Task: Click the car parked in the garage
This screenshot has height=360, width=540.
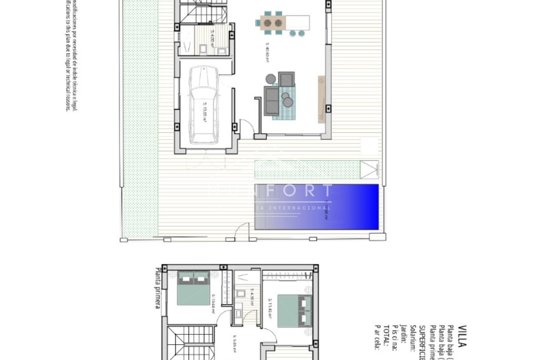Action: pos(204,105)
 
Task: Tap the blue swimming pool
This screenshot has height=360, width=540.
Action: pos(316,207)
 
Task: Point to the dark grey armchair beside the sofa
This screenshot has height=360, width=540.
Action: pos(287,79)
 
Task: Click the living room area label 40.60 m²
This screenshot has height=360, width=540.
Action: pos(267,52)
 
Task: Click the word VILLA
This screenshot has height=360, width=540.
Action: pos(462,336)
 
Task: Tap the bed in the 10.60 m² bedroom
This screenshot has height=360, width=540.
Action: pos(193,288)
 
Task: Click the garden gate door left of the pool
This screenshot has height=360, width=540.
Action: pos(242,231)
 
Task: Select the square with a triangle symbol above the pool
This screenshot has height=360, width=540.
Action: pos(369,170)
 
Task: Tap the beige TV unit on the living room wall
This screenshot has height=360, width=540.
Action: pos(322,99)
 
